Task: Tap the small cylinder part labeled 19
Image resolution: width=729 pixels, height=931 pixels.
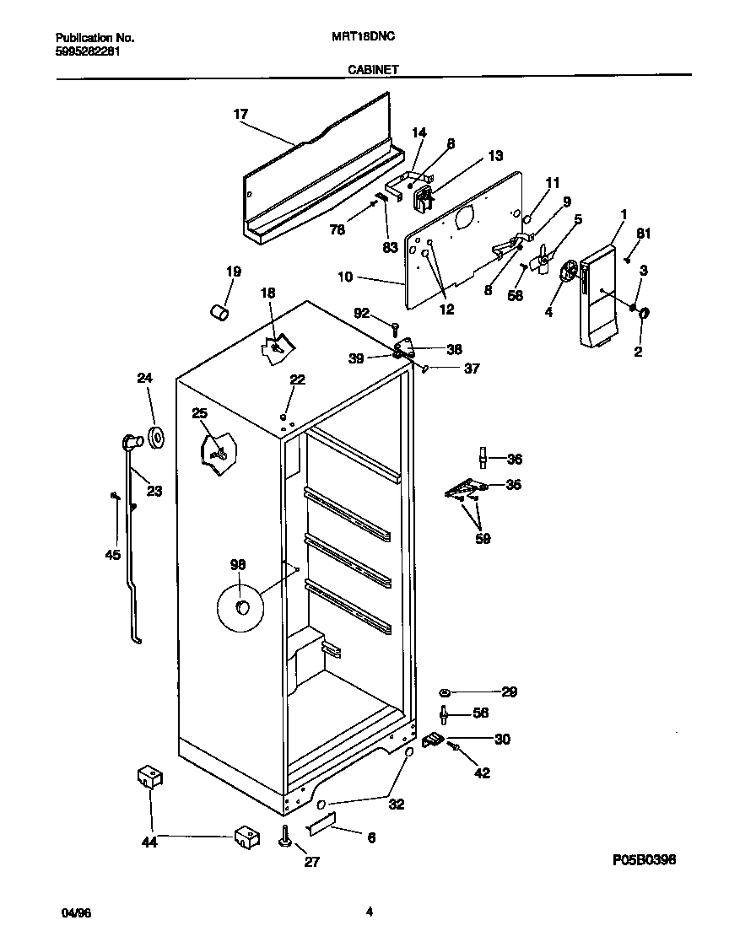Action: click(219, 311)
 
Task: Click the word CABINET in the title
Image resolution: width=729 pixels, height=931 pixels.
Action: click(373, 73)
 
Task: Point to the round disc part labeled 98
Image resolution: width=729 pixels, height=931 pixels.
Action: click(240, 607)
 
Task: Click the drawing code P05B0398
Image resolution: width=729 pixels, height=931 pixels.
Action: click(644, 859)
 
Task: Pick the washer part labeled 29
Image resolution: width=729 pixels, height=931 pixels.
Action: click(445, 692)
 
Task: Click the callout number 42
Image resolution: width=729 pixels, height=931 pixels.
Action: click(482, 772)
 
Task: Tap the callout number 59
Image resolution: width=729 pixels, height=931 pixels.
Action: click(483, 539)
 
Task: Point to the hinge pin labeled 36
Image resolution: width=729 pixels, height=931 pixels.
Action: click(483, 456)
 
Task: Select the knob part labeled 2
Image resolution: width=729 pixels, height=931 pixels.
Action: click(644, 315)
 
